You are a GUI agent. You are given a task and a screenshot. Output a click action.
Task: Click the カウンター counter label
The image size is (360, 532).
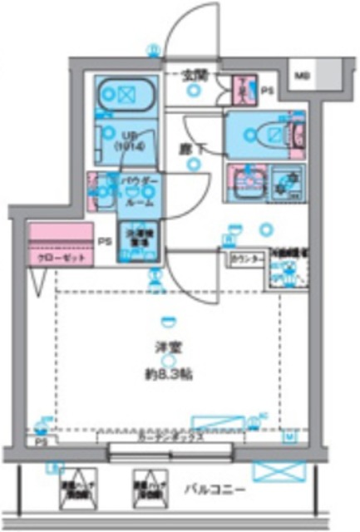tap(249, 259)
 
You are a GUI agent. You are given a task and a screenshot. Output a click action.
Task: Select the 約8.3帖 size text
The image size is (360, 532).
tap(169, 374)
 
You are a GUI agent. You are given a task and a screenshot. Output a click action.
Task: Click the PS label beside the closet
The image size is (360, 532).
tap(104, 242)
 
